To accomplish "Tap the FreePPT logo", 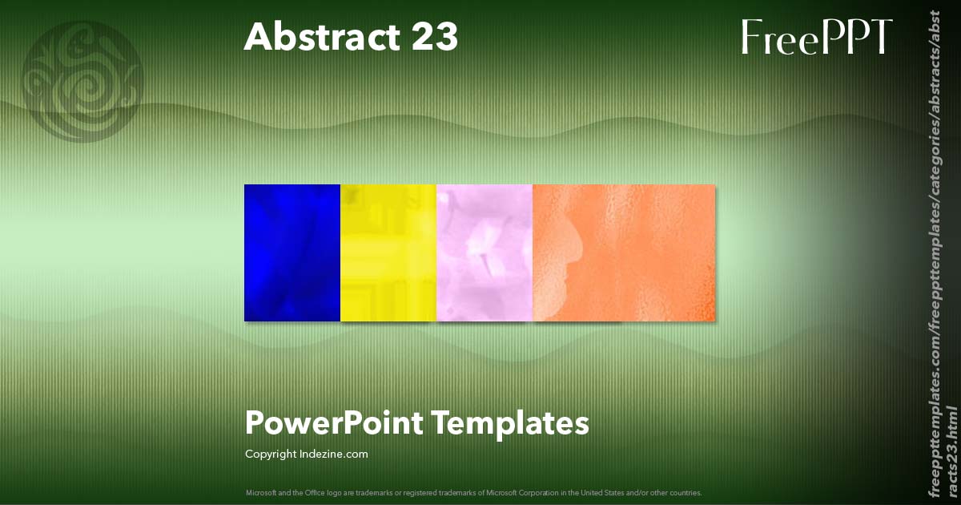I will (x=816, y=37).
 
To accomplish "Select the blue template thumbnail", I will (x=292, y=252).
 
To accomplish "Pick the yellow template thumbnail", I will (x=388, y=252).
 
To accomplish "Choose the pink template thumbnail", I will (x=485, y=252).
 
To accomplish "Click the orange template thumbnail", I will (x=624, y=252).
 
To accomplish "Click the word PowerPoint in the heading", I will (x=334, y=422).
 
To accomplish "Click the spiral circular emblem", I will (x=82, y=81).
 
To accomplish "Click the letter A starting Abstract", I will (x=256, y=37).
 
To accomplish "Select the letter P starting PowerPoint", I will (x=254, y=422).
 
